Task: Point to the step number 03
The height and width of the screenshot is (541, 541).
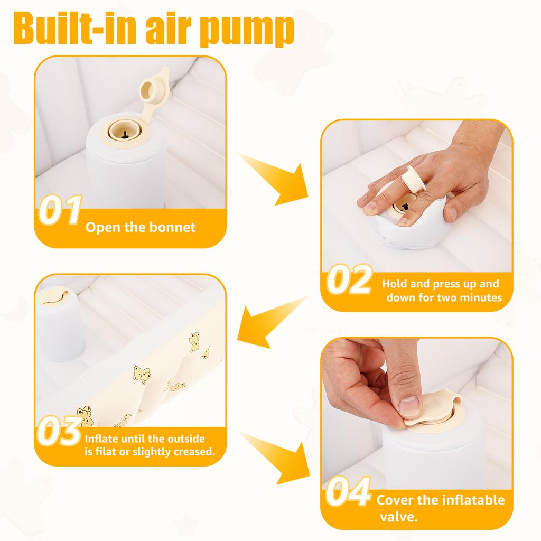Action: coord(59,431)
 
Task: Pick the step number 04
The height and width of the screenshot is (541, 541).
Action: coord(348,491)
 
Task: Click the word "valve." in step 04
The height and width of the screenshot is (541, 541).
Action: coord(398,517)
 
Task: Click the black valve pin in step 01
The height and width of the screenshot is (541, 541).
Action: coord(125,135)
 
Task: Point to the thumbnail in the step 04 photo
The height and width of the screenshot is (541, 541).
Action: coord(409,405)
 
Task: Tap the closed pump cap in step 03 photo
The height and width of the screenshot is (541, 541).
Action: coord(53,297)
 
